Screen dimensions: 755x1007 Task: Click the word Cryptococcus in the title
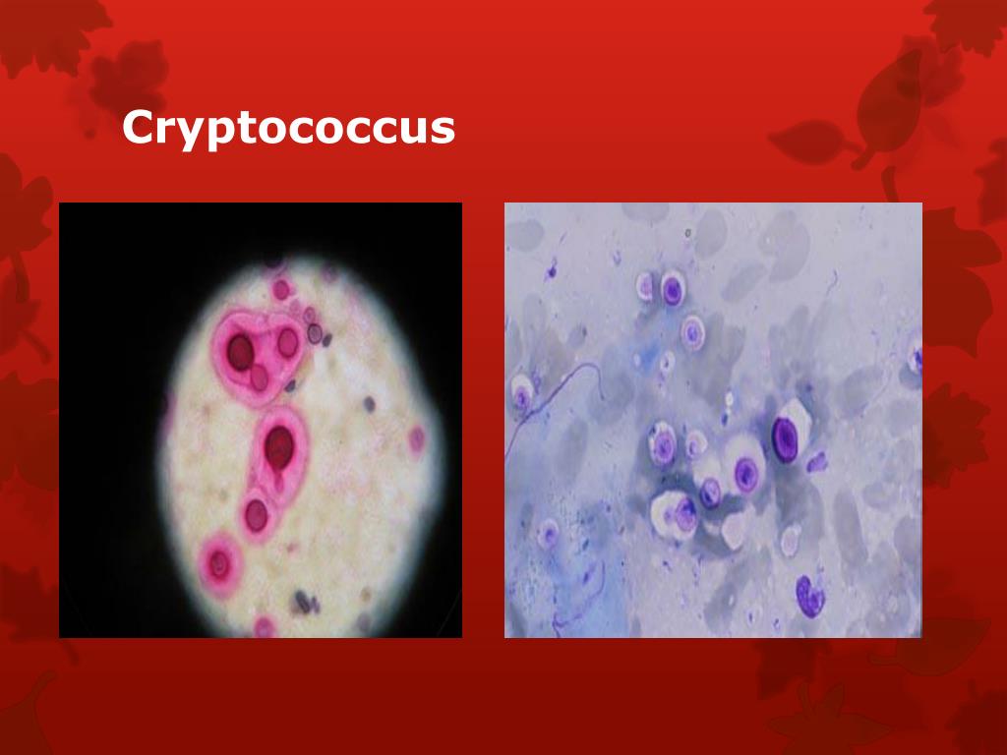tap(288, 129)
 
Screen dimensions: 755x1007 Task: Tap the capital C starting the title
tap(138, 127)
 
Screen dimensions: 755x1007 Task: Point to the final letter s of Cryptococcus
tap(445, 131)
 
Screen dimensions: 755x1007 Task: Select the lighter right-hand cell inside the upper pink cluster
tap(287, 342)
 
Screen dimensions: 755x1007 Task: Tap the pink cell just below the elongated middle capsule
tap(257, 513)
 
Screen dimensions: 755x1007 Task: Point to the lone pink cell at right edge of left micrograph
tap(417, 438)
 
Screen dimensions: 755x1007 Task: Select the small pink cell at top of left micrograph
tap(281, 289)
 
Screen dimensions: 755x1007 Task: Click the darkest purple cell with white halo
tap(787, 437)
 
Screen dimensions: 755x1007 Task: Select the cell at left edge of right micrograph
tap(520, 396)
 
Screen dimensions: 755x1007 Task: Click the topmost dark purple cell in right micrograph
tap(673, 290)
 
